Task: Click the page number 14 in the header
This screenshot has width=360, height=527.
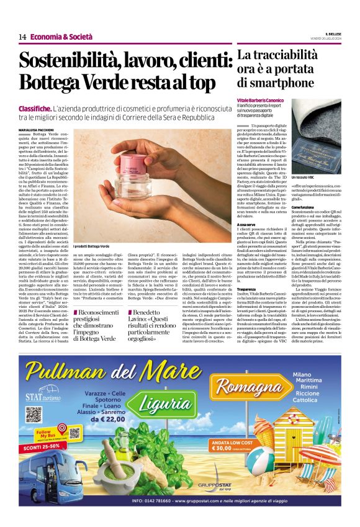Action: (22, 37)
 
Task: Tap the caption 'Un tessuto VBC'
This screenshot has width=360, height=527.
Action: (302, 178)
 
